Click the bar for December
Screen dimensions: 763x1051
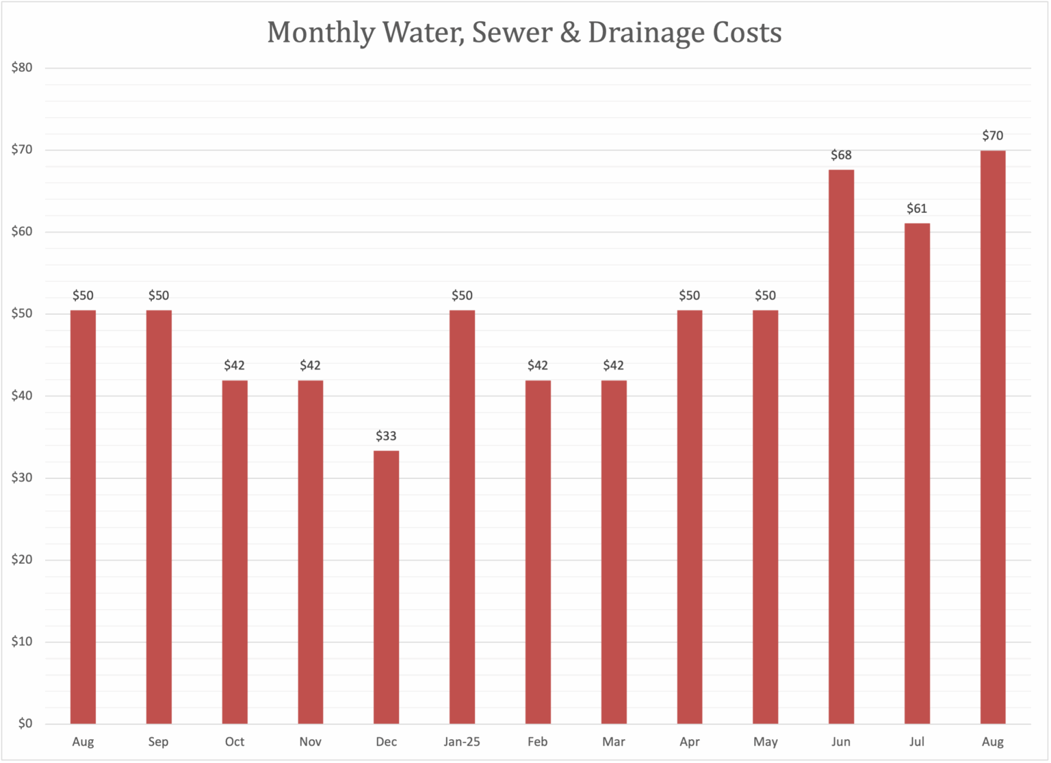pyautogui.click(x=386, y=586)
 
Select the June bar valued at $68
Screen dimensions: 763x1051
pyautogui.click(x=841, y=446)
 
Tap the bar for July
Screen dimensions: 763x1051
pyautogui.click(x=917, y=473)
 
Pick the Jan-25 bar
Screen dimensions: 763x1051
pyautogui.click(x=462, y=517)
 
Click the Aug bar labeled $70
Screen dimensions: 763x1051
pyautogui.click(x=992, y=437)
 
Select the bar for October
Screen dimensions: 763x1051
pyautogui.click(x=235, y=552)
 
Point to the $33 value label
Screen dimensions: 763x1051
pyautogui.click(x=386, y=436)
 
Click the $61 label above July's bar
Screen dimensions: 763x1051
pyautogui.click(x=917, y=208)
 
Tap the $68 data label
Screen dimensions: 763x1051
pyautogui.click(x=841, y=155)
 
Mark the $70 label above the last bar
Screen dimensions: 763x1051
pyautogui.click(x=992, y=135)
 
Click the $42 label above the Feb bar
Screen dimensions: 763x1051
pyautogui.click(x=538, y=365)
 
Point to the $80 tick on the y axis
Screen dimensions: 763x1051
pyautogui.click(x=22, y=68)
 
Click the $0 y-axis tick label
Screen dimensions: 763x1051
pyautogui.click(x=25, y=723)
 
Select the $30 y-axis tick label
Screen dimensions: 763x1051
pyautogui.click(x=22, y=478)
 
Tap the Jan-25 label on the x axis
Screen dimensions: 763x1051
pyautogui.click(x=462, y=742)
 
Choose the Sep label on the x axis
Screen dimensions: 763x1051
pyautogui.click(x=158, y=742)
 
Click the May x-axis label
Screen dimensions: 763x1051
pyautogui.click(x=765, y=742)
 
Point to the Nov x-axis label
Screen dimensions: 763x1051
pyautogui.click(x=310, y=742)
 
